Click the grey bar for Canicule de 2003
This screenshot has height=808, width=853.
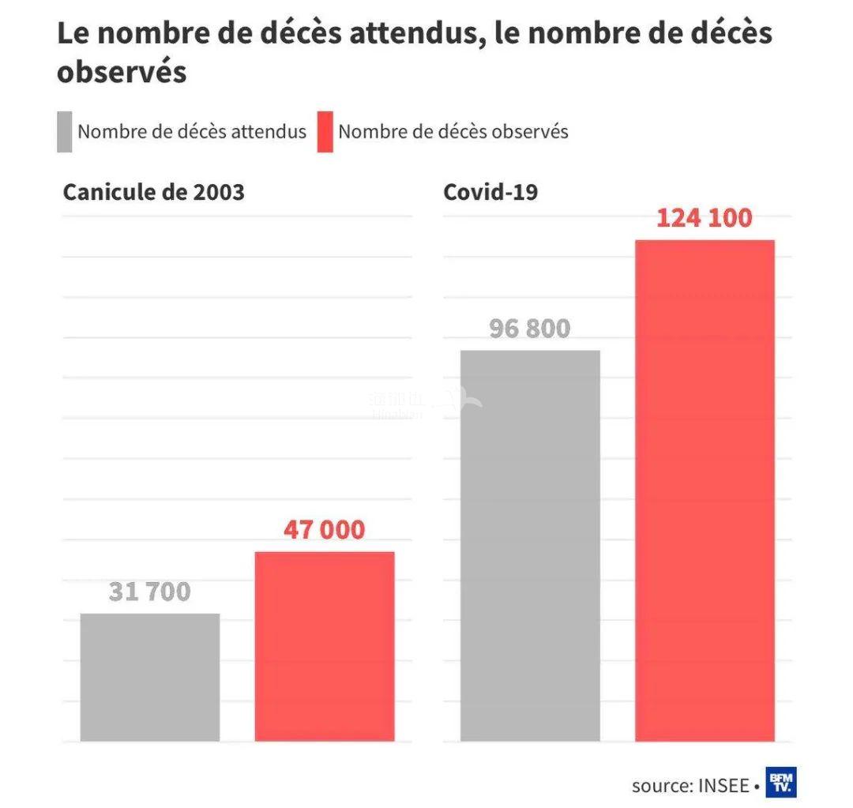point(150,677)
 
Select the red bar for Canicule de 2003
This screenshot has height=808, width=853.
point(325,646)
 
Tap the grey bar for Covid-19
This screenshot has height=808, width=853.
point(530,545)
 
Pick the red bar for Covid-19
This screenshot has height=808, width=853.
point(705,490)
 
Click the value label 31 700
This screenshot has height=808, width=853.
point(150,591)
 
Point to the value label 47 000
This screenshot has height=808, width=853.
point(325,529)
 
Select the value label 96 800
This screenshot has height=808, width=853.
point(530,328)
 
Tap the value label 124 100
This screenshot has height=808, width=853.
point(705,217)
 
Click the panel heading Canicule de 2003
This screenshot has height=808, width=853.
point(154,192)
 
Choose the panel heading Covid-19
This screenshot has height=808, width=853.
point(490,192)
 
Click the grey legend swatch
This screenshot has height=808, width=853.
point(65,131)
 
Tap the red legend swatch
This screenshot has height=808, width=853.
point(325,131)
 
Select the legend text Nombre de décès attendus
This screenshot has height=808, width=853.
point(192,131)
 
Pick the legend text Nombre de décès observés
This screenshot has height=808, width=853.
point(453,131)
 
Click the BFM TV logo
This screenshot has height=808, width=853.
point(781,782)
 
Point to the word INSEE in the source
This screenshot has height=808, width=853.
point(723,786)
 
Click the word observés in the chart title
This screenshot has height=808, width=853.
point(122,72)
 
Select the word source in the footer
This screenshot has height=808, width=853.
point(660,786)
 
